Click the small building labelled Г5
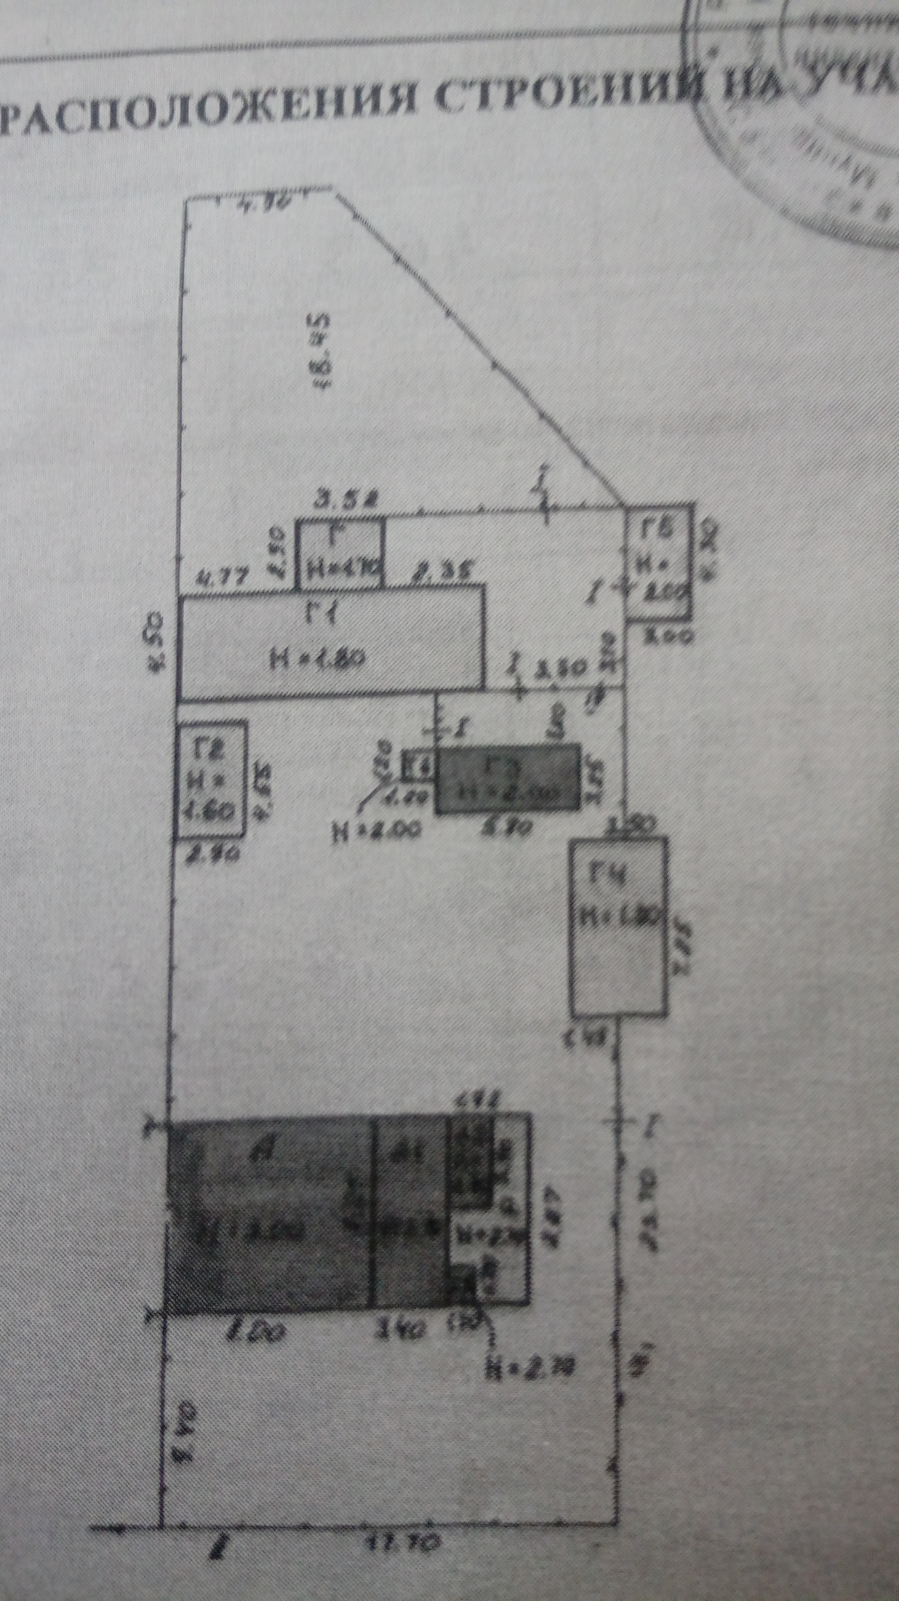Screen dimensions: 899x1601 [x=658, y=562]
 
